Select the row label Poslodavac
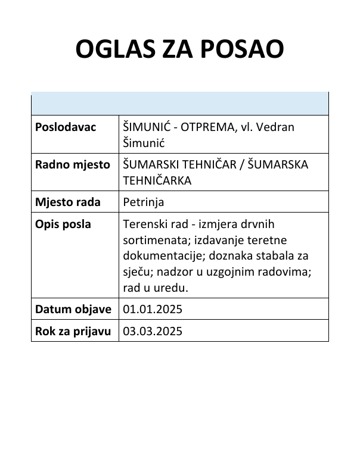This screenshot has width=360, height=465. pyautogui.click(x=66, y=127)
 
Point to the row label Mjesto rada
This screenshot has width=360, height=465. pyautogui.click(x=68, y=202)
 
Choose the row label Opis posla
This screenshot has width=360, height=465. pyautogui.click(x=64, y=224)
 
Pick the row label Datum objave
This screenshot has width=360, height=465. pyautogui.click(x=73, y=309)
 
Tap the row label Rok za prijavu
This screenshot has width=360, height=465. pyautogui.click(x=73, y=331)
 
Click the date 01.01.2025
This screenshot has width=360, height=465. pyautogui.click(x=152, y=309)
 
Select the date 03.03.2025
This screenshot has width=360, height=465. pyautogui.click(x=152, y=331)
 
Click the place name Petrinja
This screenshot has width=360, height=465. pyautogui.click(x=143, y=202)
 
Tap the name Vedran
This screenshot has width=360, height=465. pyautogui.click(x=274, y=127)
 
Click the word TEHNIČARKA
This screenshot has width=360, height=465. pyautogui.click(x=157, y=180)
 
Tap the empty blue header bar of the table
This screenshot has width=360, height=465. pyautogui.click(x=179, y=104)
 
